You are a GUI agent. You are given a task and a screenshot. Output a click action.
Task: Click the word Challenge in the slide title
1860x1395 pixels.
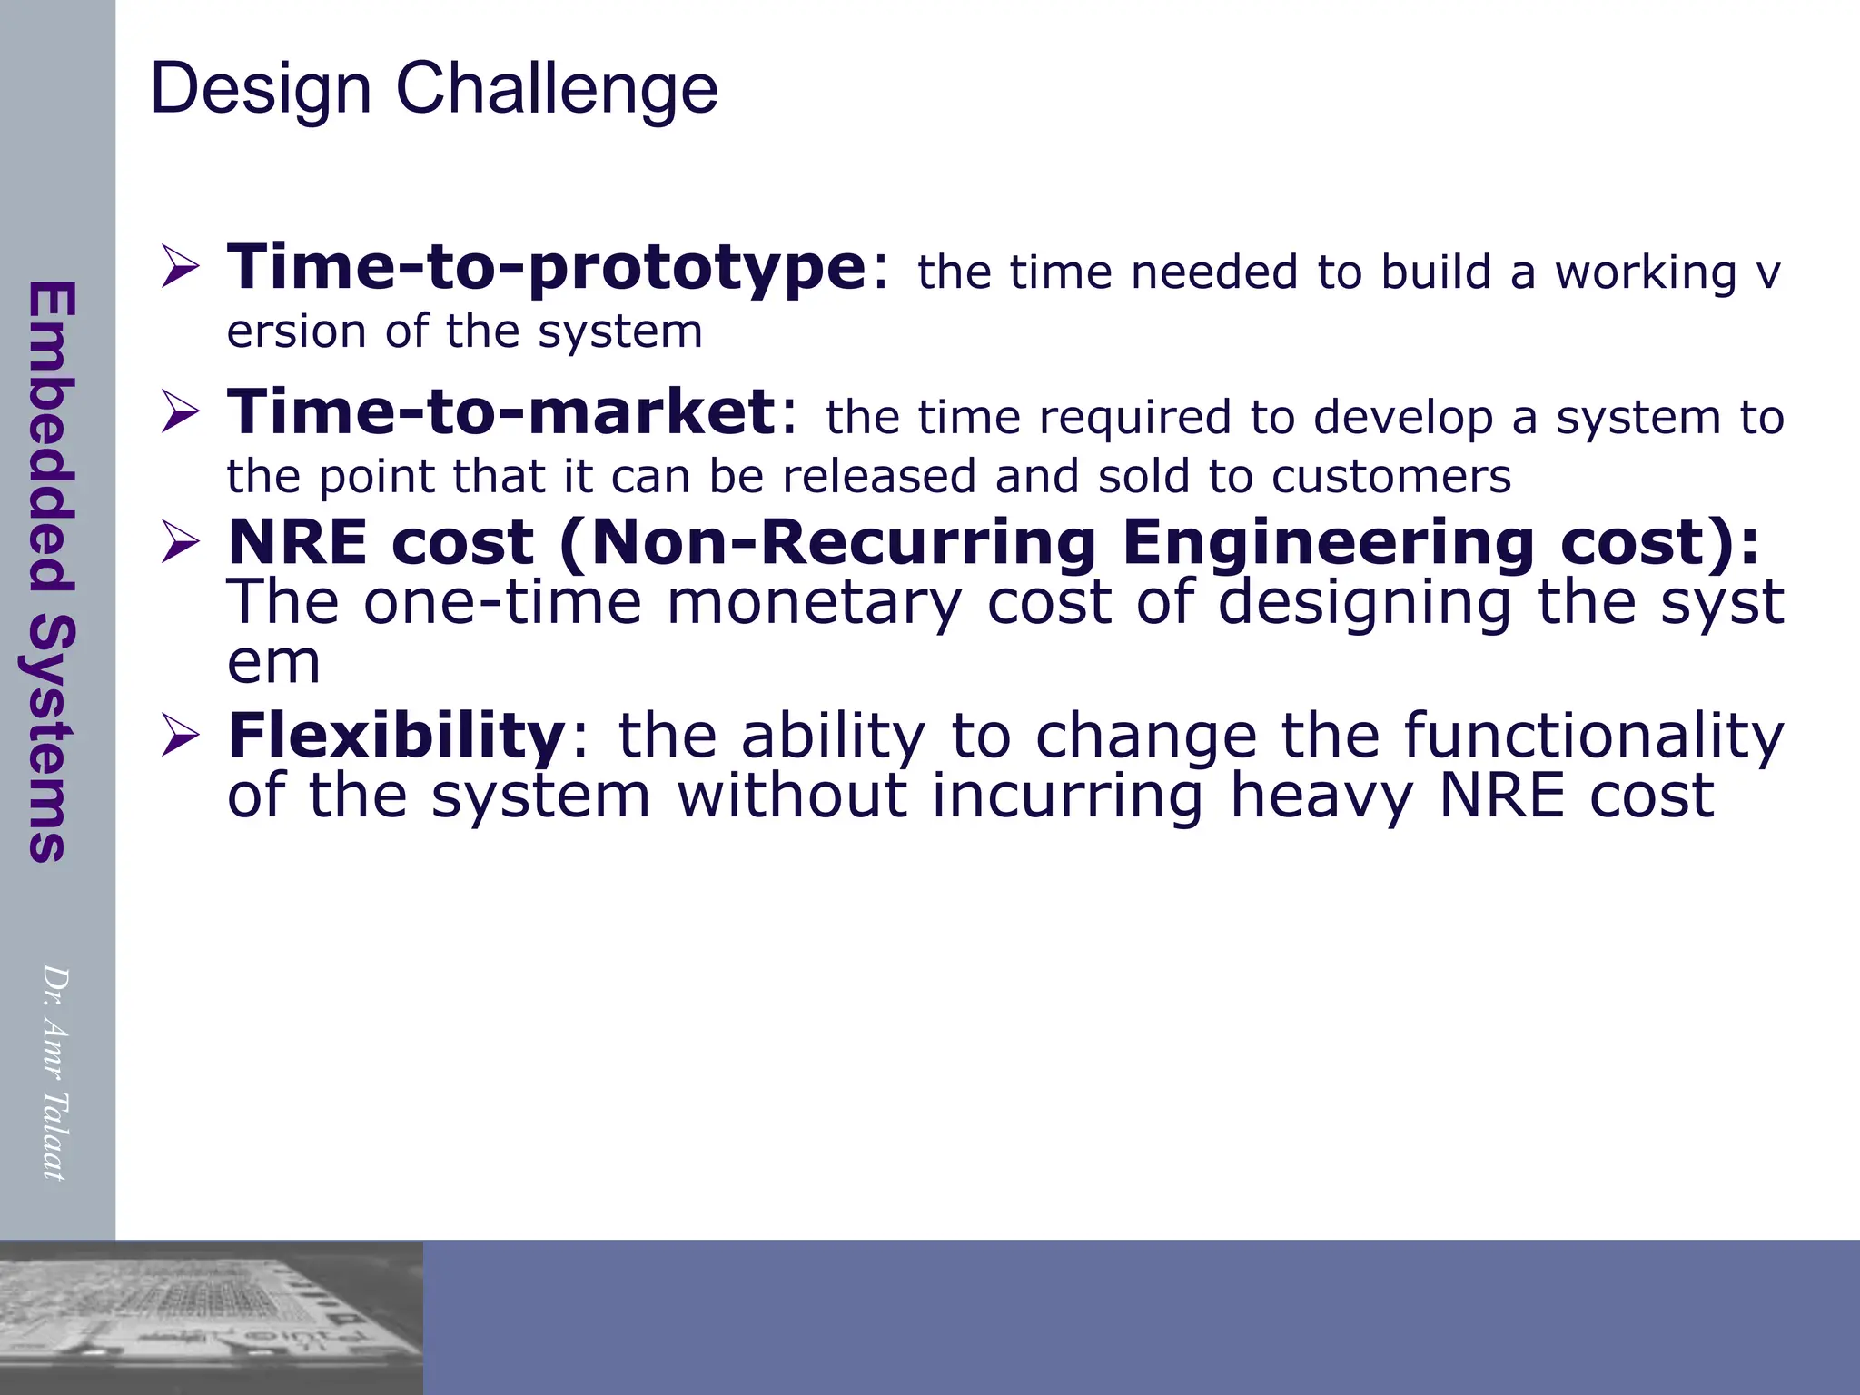click(557, 89)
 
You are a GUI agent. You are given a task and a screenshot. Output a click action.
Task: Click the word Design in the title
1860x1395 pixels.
click(261, 89)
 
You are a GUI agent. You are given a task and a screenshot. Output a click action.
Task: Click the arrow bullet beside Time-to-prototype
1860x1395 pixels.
click(180, 267)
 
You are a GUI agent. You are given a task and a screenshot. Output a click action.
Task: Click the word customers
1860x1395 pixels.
click(1390, 477)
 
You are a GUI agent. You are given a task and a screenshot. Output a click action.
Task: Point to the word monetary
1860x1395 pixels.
click(813, 602)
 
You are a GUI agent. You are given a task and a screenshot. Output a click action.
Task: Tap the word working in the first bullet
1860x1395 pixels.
click(1646, 272)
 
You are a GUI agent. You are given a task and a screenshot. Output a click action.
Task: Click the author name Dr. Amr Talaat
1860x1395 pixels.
click(55, 1072)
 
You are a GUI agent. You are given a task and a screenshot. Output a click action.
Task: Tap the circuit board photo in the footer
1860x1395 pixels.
click(211, 1317)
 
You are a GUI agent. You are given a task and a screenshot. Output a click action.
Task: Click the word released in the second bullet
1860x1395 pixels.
click(879, 477)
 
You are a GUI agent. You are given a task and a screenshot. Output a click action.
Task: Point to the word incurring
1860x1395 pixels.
click(1066, 796)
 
